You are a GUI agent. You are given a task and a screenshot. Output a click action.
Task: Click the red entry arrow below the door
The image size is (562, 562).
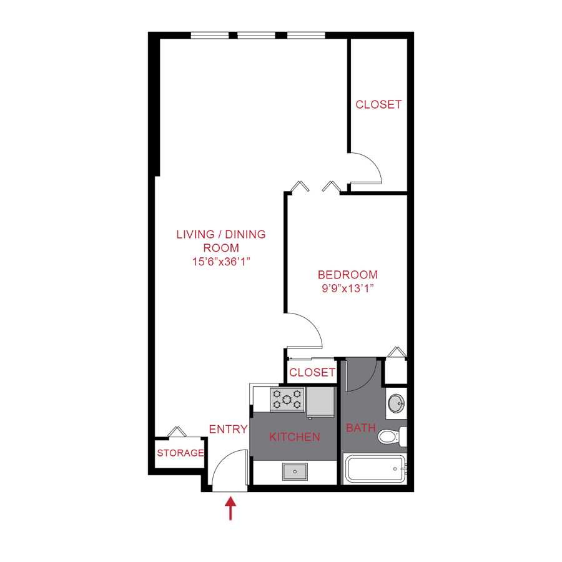coord(231,508)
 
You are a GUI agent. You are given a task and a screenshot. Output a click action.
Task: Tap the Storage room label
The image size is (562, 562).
coord(180,453)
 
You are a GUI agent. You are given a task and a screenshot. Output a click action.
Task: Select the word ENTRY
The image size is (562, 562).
coord(228,429)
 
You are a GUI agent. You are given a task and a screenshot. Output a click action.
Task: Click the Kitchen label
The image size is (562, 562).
coord(295,437)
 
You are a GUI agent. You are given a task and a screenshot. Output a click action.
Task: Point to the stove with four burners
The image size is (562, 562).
coord(287,399)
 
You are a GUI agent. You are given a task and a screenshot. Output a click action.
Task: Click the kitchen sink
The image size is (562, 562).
coord(295,471)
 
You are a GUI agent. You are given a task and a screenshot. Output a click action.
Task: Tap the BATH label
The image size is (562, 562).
coord(361,428)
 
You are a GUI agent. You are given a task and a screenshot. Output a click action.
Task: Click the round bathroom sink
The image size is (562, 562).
coord(395,403)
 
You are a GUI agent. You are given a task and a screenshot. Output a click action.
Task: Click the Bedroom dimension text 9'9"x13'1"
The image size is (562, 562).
coord(347,288)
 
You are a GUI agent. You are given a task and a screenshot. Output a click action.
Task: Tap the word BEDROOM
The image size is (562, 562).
coord(347,275)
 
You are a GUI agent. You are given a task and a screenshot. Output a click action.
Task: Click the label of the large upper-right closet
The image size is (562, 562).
coord(378,105)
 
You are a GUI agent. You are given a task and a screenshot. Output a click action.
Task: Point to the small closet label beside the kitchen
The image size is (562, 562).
coord(312,373)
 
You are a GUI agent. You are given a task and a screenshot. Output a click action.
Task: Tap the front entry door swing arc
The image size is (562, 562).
coord(228,468)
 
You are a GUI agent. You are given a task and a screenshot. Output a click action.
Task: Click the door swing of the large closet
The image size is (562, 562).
coord(367,167)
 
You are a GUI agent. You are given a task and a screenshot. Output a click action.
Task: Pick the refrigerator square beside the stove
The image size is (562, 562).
coord(322,401)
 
